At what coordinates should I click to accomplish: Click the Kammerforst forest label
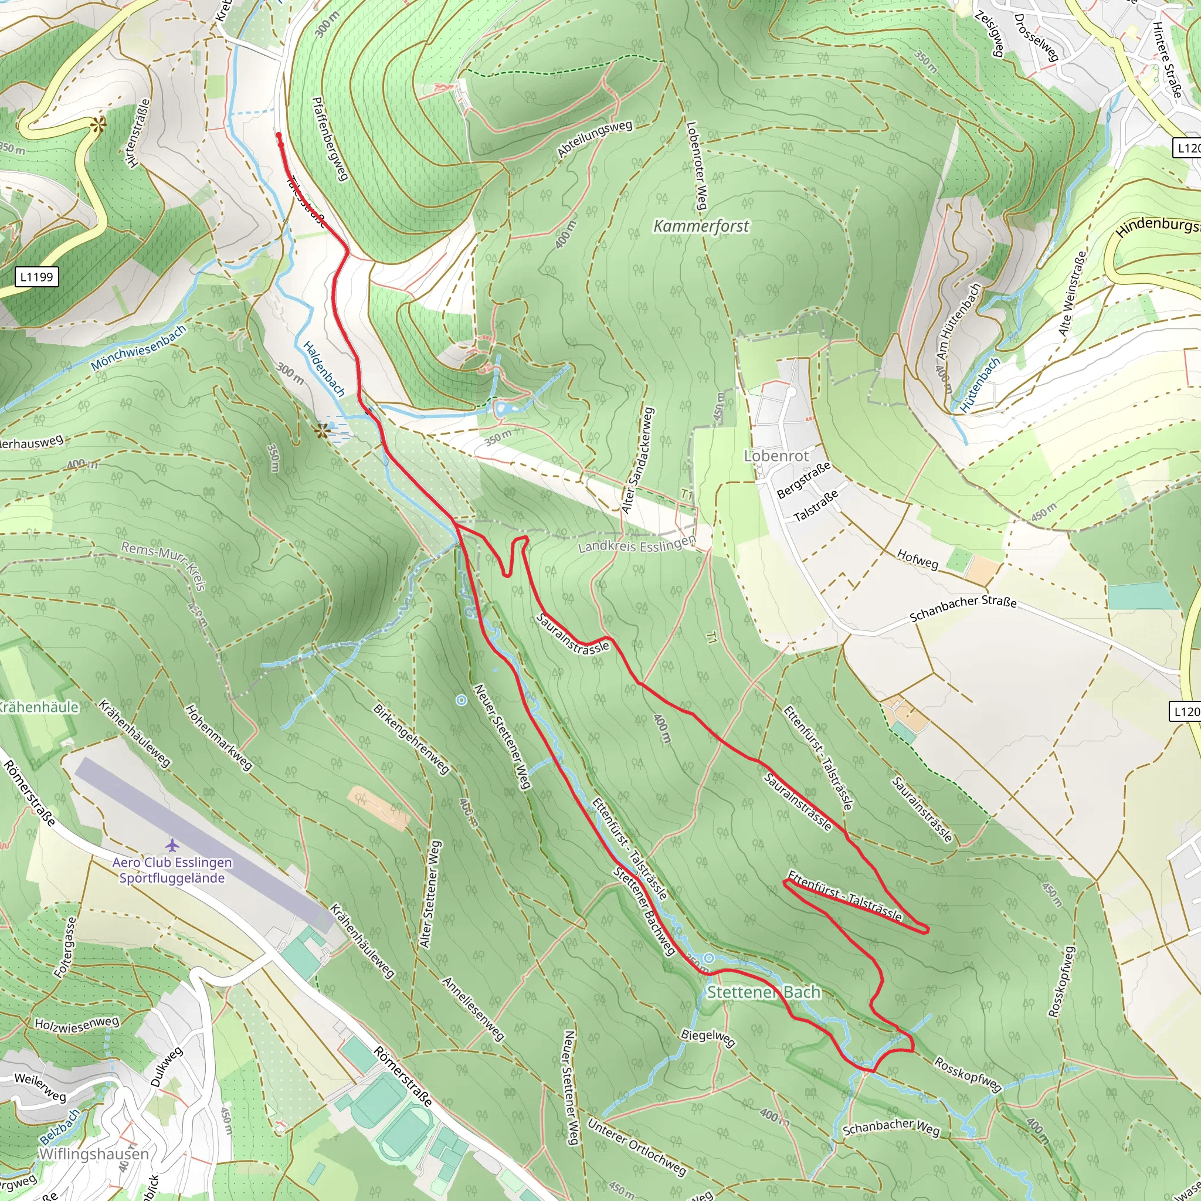click(701, 226)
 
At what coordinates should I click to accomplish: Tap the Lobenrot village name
click(776, 456)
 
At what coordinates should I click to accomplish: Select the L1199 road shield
click(37, 277)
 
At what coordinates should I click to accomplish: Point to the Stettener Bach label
click(764, 992)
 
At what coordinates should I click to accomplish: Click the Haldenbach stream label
click(324, 369)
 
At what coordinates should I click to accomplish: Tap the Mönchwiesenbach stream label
click(138, 348)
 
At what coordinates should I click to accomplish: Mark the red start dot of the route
click(279, 135)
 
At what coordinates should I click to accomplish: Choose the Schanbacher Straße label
click(963, 609)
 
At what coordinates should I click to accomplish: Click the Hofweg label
click(917, 559)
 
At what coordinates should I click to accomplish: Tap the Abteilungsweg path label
click(594, 138)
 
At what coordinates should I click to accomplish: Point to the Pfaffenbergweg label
click(330, 138)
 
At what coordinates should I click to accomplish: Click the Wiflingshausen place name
click(93, 1153)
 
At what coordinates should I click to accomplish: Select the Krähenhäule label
click(39, 707)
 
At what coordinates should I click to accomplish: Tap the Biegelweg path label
click(708, 1037)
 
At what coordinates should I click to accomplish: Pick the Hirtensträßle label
click(137, 133)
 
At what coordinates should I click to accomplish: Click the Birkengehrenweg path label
click(411, 739)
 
